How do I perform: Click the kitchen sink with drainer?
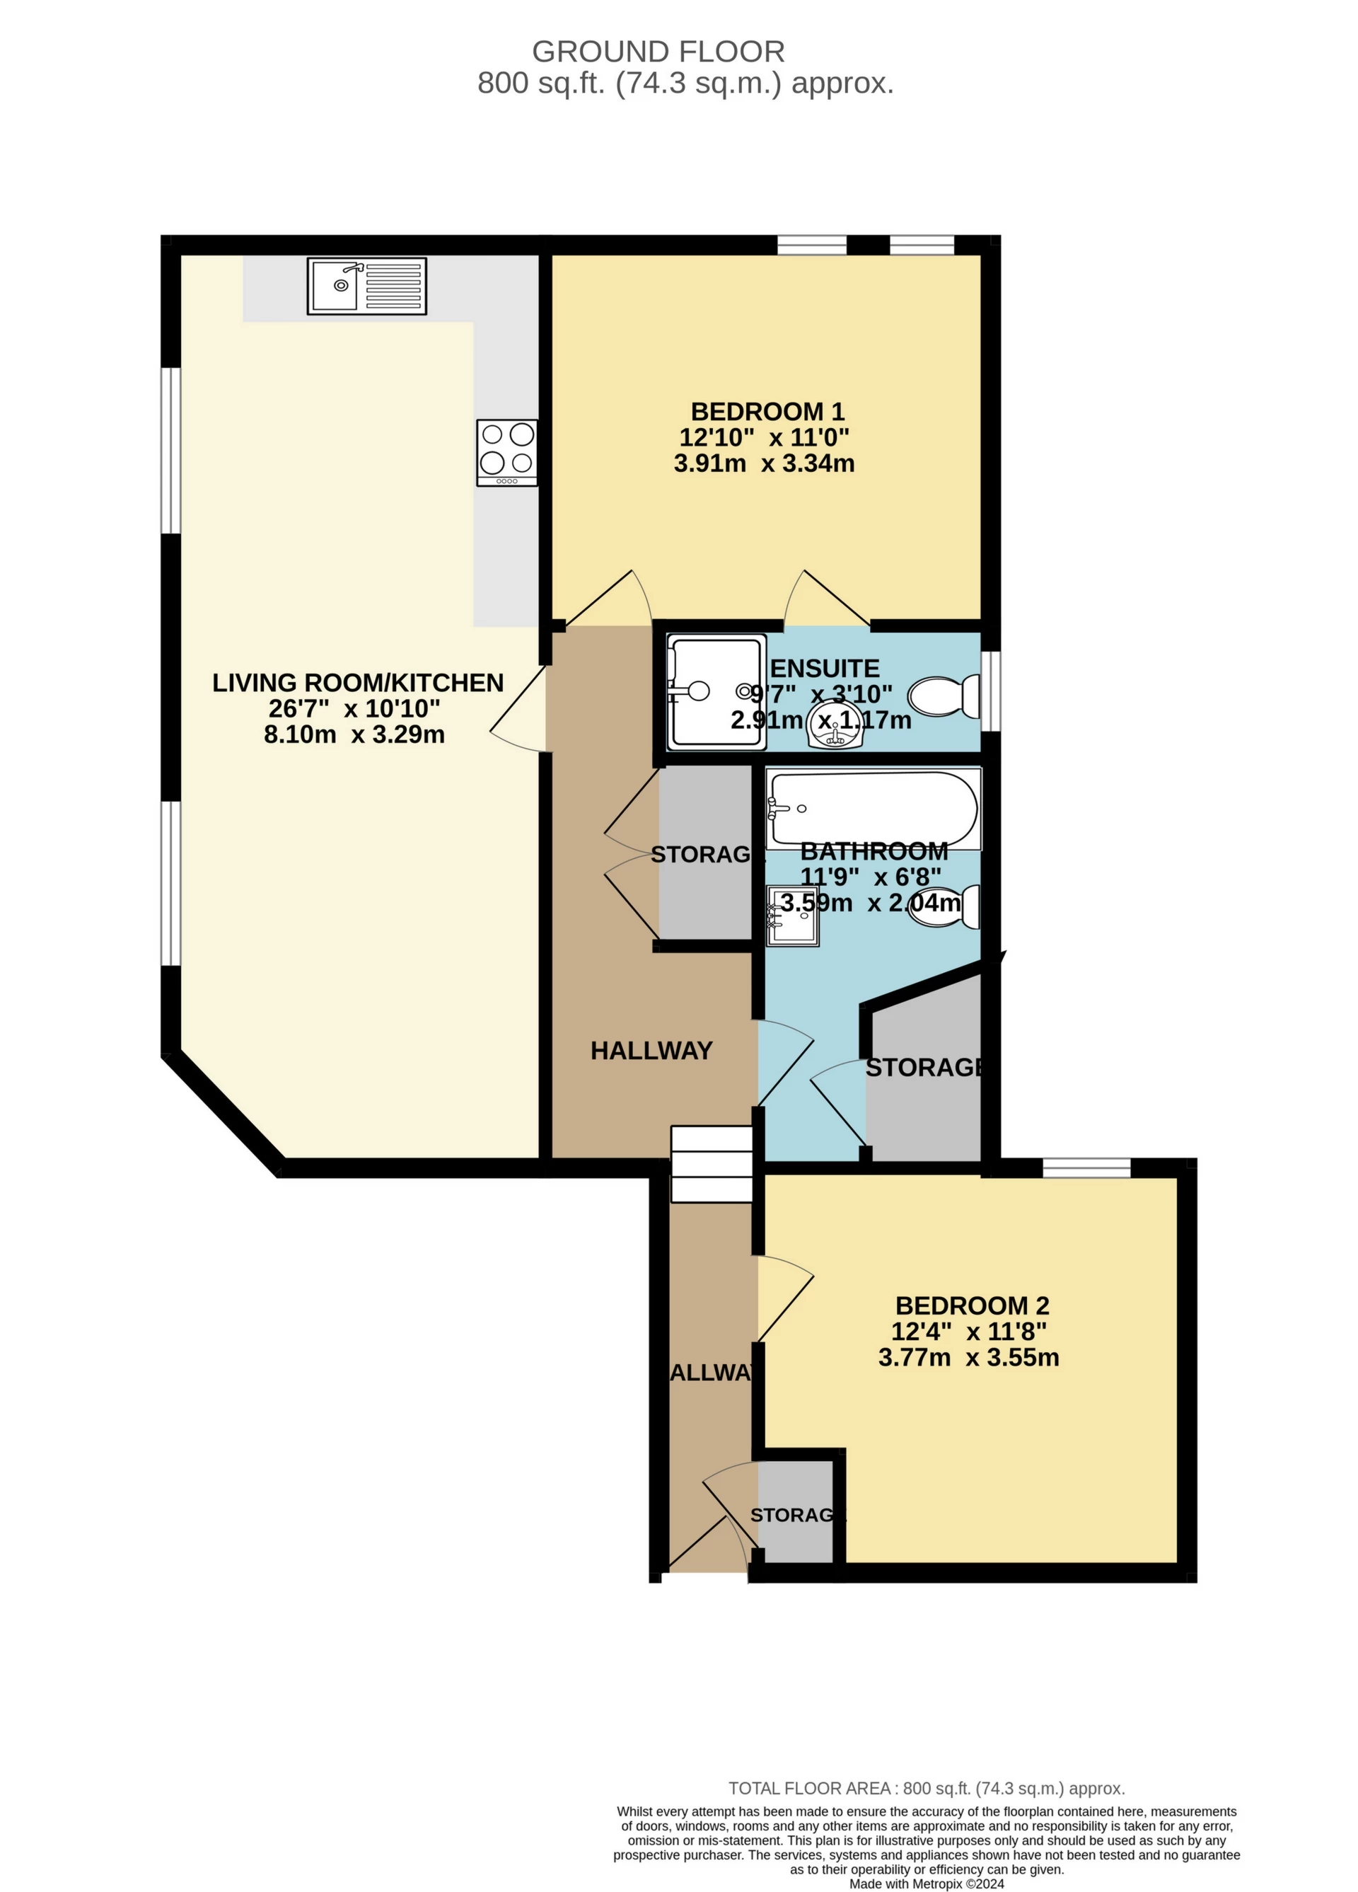366,285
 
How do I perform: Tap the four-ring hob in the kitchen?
506,451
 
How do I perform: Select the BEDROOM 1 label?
767,411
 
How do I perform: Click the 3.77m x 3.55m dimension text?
968,1357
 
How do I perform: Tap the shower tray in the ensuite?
716,691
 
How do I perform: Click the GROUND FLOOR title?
657,52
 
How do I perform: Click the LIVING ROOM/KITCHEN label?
358,682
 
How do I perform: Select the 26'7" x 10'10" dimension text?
354,708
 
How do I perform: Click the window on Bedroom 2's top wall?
1085,1167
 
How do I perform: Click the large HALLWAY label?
651,1050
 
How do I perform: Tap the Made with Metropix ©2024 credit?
926,1884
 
